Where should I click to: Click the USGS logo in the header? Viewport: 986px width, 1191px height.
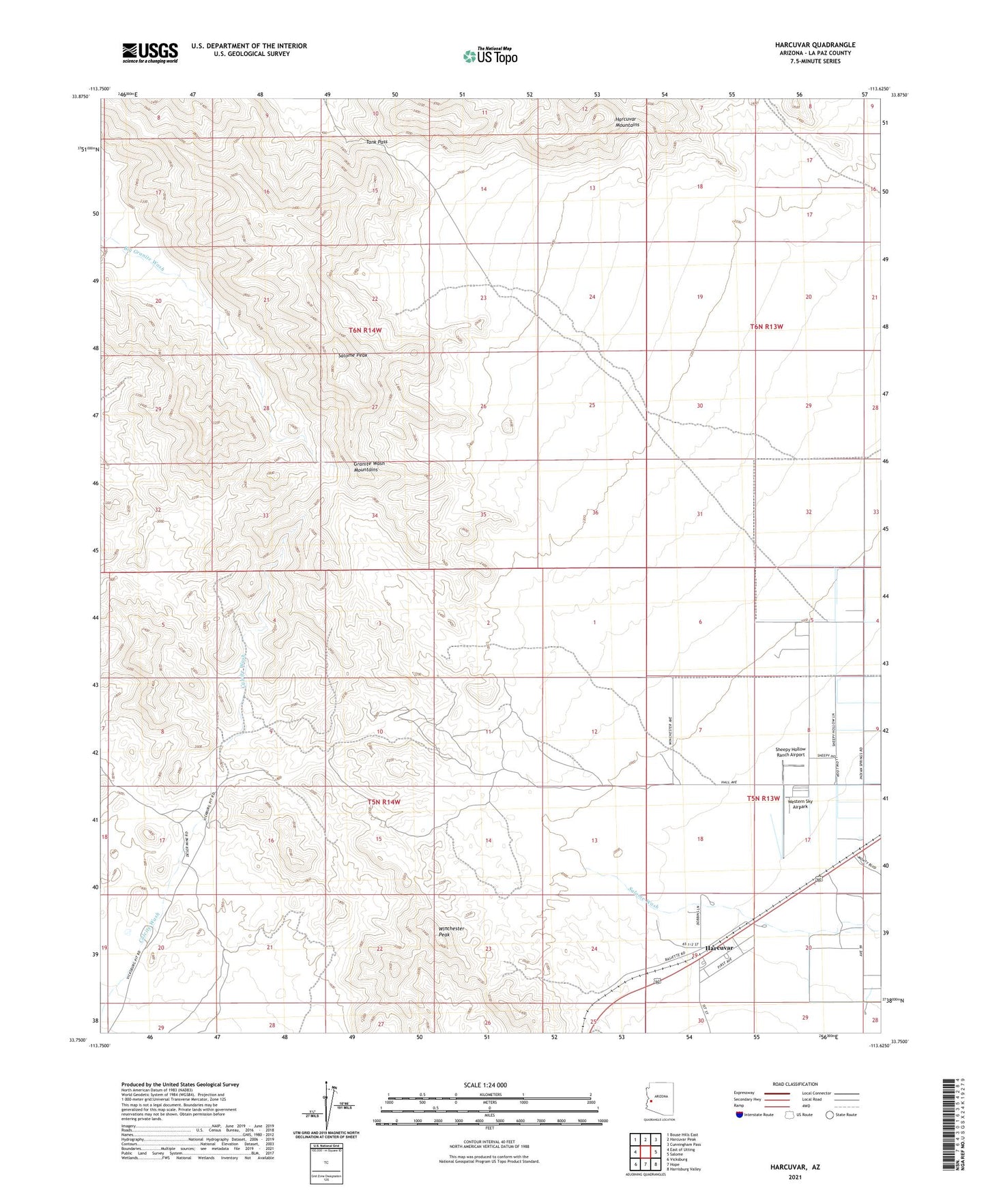coord(150,53)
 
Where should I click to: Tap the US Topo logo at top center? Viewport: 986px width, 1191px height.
coord(489,56)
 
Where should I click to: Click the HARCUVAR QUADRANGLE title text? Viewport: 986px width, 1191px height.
coord(815,45)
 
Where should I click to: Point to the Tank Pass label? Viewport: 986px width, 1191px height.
coord(377,142)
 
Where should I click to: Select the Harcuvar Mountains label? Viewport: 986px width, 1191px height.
coord(627,122)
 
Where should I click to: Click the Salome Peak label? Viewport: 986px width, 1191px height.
coord(353,355)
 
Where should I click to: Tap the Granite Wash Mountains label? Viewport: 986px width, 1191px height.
coord(368,467)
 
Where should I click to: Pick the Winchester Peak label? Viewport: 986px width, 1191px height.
coord(451,931)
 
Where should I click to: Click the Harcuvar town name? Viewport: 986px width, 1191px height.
coord(719,948)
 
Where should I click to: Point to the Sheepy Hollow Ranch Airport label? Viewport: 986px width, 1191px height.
coord(790,752)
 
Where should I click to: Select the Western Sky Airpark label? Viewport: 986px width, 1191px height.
coord(800,804)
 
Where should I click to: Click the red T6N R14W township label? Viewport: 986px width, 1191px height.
coord(365,330)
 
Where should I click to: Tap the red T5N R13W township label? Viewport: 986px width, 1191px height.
coord(763,798)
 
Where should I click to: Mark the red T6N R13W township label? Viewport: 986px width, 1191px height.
coord(766,327)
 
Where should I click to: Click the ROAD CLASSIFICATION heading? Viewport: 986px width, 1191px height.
coord(796,1084)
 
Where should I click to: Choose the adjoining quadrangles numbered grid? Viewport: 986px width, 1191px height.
coord(646,1151)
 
